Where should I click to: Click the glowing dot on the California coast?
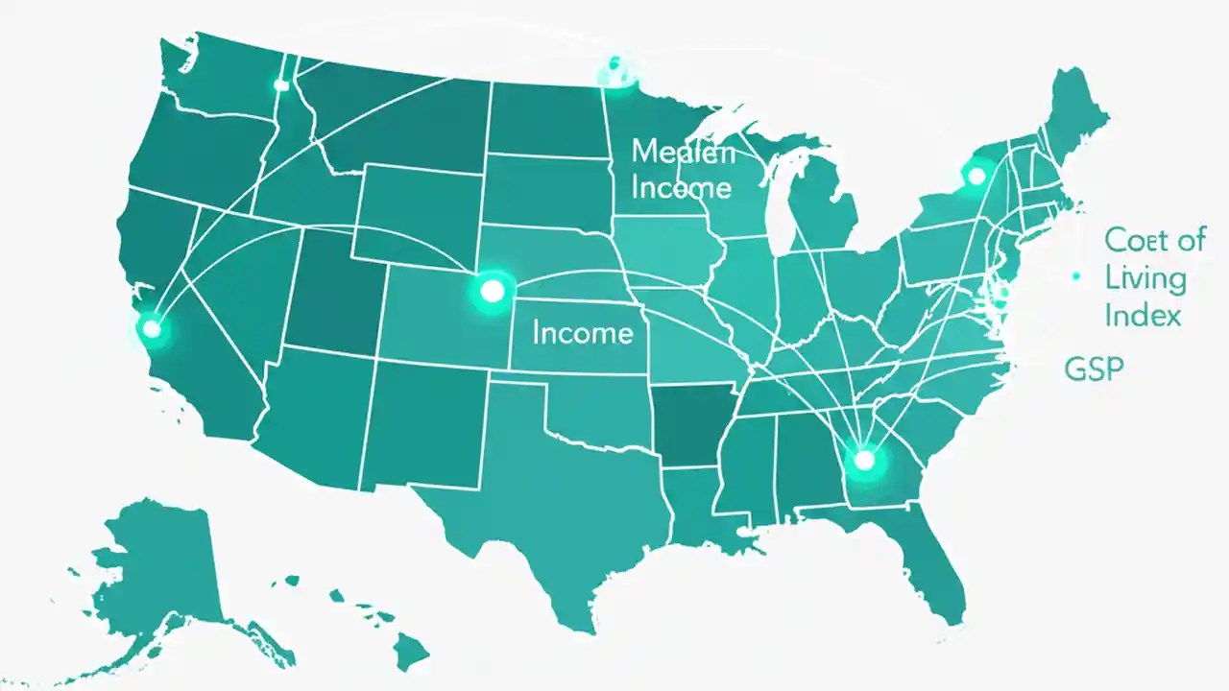tap(151, 328)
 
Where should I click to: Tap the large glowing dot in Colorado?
tap(492, 289)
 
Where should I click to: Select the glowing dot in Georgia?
tap(864, 461)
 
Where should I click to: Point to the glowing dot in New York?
tap(976, 176)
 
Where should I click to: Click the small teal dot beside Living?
tap(1076, 276)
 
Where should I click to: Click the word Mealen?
tap(683, 152)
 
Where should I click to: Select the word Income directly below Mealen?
tap(681, 186)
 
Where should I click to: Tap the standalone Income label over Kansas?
tap(582, 333)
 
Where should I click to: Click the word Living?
tap(1145, 278)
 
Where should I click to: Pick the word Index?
tap(1143, 315)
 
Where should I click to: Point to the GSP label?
tap(1094, 368)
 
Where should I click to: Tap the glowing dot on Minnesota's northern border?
tap(613, 72)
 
